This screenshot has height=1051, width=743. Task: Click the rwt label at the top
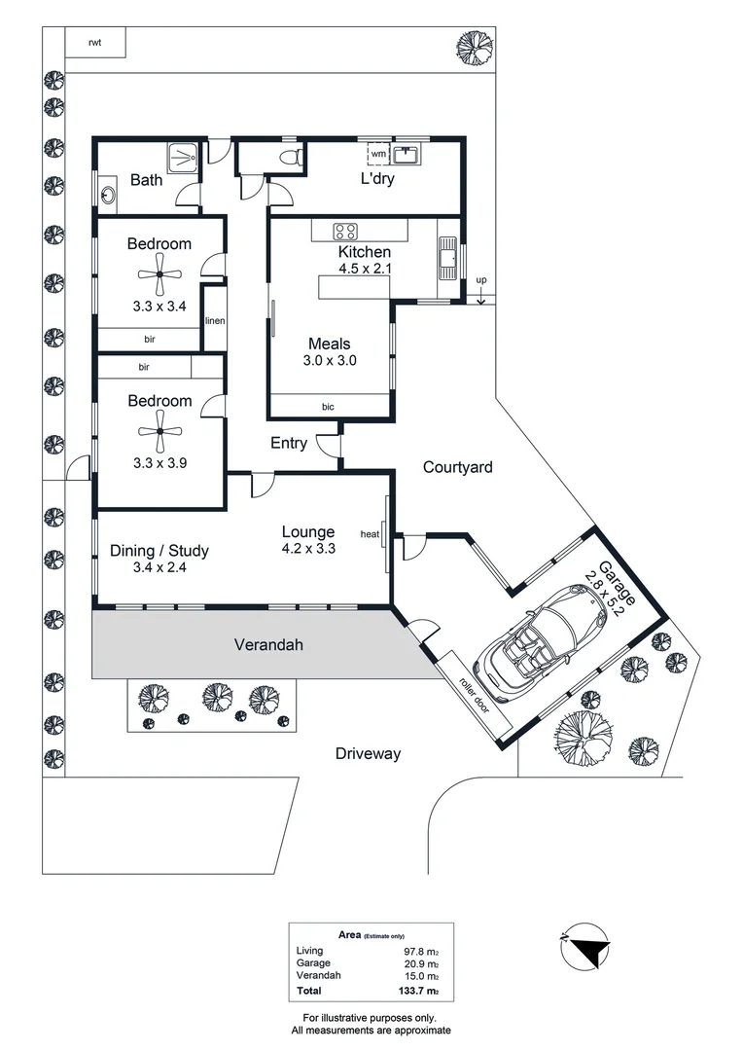pyautogui.click(x=94, y=42)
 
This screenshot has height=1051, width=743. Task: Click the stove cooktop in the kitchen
pyautogui.click(x=344, y=231)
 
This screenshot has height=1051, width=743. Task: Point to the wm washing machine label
pyautogui.click(x=378, y=155)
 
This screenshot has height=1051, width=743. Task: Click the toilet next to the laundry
pyautogui.click(x=289, y=156)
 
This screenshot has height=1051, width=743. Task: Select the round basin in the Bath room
pyautogui.click(x=107, y=194)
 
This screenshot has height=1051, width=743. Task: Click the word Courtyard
pyautogui.click(x=457, y=467)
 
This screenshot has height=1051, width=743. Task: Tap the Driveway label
pyautogui.click(x=368, y=753)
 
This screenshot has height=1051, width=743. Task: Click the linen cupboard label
pyautogui.click(x=214, y=320)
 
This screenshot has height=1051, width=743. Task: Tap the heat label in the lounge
pyautogui.click(x=370, y=534)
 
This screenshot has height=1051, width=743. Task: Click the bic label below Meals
pyautogui.click(x=328, y=406)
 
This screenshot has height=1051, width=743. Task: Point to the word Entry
pyautogui.click(x=289, y=444)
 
